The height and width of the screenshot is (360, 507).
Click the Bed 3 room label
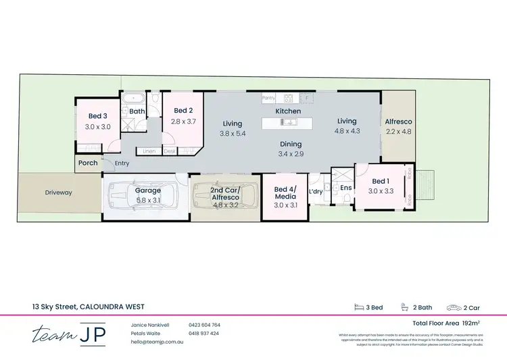point(98,116)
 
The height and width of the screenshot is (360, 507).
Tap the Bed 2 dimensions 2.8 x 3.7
point(184,121)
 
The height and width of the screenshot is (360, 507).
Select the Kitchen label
point(288,111)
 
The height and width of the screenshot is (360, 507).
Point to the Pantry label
point(268,99)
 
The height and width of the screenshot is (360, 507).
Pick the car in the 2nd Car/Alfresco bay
point(226,197)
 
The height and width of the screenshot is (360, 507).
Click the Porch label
point(88,163)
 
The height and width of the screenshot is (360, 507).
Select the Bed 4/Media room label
point(285,192)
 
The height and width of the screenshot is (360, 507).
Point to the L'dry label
point(316,192)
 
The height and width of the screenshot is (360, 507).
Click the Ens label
point(345,187)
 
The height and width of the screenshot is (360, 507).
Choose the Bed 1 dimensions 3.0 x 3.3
point(381,192)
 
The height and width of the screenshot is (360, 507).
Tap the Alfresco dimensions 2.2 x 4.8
point(398,132)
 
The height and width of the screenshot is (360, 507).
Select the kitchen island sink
point(288,122)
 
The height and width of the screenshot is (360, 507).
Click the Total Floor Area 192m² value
point(460,324)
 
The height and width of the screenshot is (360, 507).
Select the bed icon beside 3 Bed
point(360,307)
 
